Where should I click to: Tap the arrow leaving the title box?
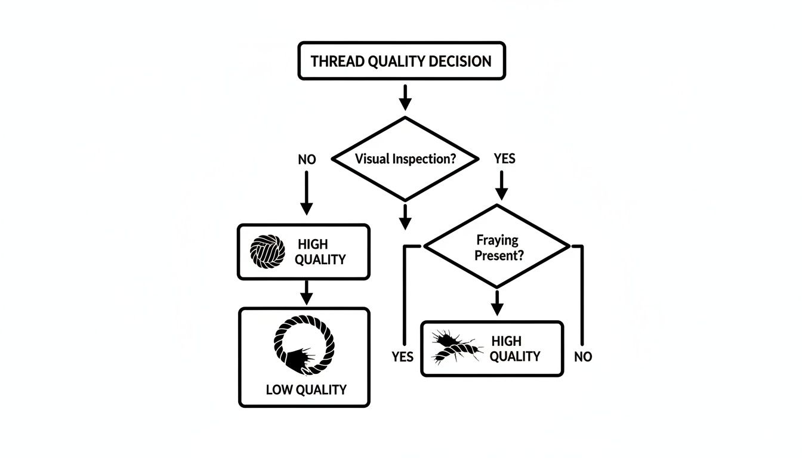click(x=405, y=97)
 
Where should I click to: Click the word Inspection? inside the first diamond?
click(x=426, y=159)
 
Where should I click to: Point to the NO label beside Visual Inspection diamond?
click(x=307, y=159)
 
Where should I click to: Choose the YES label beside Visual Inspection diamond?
click(x=504, y=159)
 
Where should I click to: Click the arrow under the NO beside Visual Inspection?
click(x=306, y=193)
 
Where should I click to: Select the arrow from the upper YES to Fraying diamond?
click(x=502, y=185)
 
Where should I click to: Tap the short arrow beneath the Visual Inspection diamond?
click(x=405, y=216)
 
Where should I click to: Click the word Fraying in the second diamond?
click(x=497, y=240)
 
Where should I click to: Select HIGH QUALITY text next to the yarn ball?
click(x=321, y=252)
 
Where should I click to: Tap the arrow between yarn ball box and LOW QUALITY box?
click(x=306, y=292)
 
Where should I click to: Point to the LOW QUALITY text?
click(x=306, y=390)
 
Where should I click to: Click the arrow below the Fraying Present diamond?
click(x=496, y=302)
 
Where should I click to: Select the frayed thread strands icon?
click(x=457, y=348)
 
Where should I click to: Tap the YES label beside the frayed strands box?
click(x=403, y=357)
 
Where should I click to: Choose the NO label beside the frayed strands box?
click(x=582, y=357)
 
